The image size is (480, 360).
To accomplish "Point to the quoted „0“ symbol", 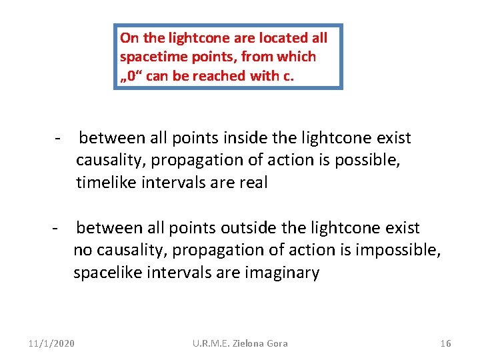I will (131, 76).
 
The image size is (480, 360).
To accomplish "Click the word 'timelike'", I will (105, 183).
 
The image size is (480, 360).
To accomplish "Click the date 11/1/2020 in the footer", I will (52, 343).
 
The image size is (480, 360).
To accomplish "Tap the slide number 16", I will (446, 343).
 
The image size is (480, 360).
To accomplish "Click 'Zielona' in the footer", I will (248, 343).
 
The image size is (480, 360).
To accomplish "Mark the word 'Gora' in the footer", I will (277, 343).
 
